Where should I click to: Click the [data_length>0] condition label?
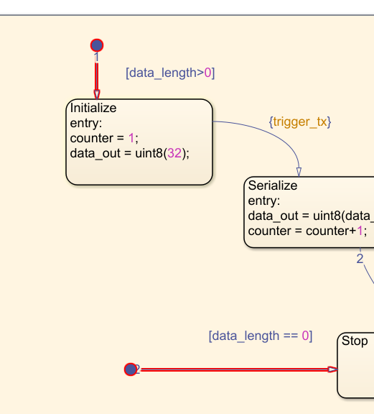[x=170, y=73]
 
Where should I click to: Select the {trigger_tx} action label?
[x=300, y=122]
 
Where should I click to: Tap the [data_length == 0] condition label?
[x=261, y=336]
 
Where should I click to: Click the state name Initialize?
[x=93, y=108]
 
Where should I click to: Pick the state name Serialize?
[x=273, y=185]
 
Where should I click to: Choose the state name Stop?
[x=355, y=341]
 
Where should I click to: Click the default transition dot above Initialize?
[x=97, y=45]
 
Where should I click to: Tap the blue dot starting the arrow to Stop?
[x=131, y=369]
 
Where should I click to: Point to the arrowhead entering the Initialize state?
[x=97, y=95]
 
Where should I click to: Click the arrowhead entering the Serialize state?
[x=299, y=172]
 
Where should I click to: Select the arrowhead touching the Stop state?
[x=332, y=369]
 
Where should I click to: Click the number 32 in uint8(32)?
[x=174, y=153]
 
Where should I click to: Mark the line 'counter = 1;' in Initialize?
[x=104, y=138]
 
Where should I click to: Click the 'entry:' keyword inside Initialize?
[x=86, y=123]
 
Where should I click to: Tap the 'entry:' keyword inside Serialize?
[x=264, y=201]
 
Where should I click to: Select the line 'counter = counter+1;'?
[x=307, y=231]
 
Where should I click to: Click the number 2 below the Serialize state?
[x=360, y=259]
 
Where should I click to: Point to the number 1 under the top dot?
[x=96, y=57]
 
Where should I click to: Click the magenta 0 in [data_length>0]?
[x=208, y=73]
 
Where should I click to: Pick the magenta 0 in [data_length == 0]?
[x=305, y=336]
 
